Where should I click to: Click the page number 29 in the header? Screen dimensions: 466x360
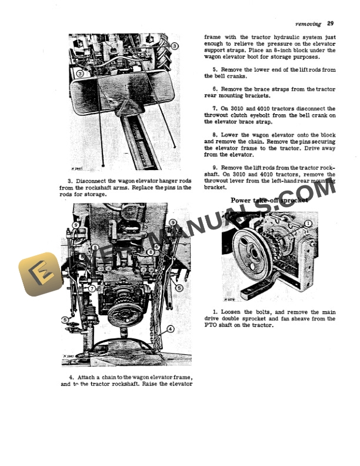(331, 24)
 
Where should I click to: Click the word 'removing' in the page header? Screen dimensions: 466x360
(308, 24)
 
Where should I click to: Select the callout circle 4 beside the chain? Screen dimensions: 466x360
(170, 329)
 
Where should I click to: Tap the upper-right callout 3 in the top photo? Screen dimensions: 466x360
(175, 45)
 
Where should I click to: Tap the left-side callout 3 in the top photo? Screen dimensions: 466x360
(79, 74)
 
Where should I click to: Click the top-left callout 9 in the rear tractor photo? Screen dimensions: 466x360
(76, 225)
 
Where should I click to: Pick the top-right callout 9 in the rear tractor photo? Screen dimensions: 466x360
(172, 222)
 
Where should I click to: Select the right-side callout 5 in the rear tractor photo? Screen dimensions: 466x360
(179, 288)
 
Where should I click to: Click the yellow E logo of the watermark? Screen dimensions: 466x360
(40, 274)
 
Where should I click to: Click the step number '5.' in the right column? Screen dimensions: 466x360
(215, 69)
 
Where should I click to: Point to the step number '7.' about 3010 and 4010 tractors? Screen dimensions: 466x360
(215, 108)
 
